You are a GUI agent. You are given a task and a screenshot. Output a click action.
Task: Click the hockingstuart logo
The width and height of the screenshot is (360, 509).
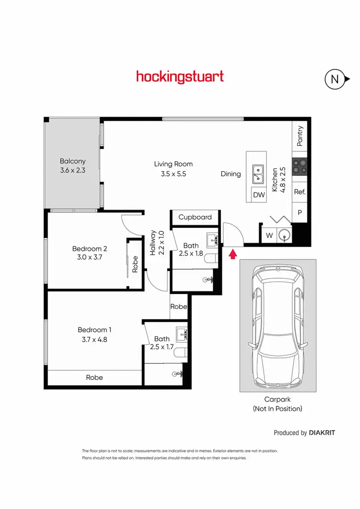point(180,77)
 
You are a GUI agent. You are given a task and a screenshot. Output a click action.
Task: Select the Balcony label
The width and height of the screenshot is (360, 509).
point(72,161)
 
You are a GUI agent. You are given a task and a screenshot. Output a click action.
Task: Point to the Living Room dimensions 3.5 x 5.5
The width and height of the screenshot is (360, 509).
point(173,174)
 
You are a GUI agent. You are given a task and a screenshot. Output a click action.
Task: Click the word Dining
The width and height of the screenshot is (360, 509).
point(230,174)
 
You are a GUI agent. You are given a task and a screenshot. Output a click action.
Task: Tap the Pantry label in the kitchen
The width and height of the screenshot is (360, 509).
point(300,136)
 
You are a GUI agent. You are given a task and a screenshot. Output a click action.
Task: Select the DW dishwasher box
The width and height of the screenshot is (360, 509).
point(259,195)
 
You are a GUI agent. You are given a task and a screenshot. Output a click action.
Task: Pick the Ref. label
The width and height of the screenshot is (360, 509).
point(300,191)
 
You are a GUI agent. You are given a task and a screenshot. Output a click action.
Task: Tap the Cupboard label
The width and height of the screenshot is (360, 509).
point(195,217)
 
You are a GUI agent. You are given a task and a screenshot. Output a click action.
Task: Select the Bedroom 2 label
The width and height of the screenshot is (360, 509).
point(89,249)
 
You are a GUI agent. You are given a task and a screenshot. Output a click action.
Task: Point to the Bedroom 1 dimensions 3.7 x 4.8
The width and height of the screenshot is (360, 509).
point(95,338)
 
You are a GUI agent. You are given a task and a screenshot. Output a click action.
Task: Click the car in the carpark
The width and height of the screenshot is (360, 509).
point(278,326)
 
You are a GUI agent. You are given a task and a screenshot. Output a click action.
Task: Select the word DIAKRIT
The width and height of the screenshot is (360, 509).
point(322,433)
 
